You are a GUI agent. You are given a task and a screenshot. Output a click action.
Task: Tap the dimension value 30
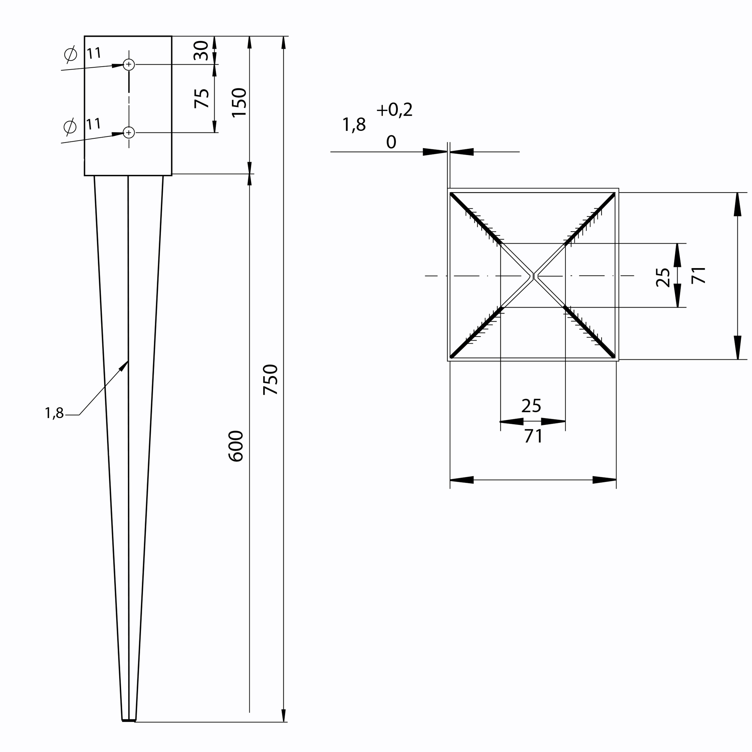201,51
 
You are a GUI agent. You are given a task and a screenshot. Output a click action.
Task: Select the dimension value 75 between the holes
202,99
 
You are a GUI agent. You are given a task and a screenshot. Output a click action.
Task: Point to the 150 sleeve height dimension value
239,103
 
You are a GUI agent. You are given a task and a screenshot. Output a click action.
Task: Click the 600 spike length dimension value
235,446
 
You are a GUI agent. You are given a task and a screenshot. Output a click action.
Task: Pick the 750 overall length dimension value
270,380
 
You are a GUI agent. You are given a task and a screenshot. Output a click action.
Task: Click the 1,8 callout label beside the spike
54,413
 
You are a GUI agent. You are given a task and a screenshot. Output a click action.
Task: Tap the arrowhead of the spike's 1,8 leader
124,366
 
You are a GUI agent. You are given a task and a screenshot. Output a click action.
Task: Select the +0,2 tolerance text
394,110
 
